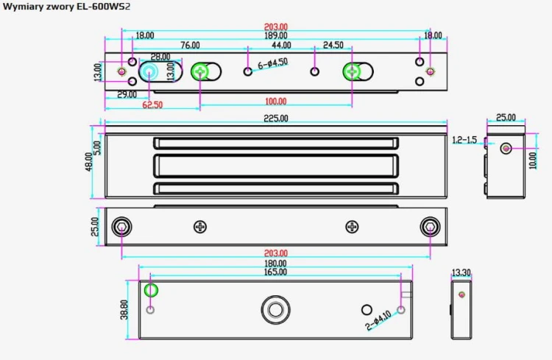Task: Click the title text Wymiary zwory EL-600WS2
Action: click(66, 7)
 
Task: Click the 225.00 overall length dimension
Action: click(276, 119)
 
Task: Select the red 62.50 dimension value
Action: click(152, 105)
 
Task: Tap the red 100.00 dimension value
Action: click(276, 102)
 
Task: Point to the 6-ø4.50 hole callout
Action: click(273, 64)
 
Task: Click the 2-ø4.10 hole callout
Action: click(378, 320)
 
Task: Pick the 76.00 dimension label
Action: click(190, 46)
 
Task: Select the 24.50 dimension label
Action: click(333, 45)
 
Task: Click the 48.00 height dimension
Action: click(89, 162)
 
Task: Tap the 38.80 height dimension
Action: click(124, 310)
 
